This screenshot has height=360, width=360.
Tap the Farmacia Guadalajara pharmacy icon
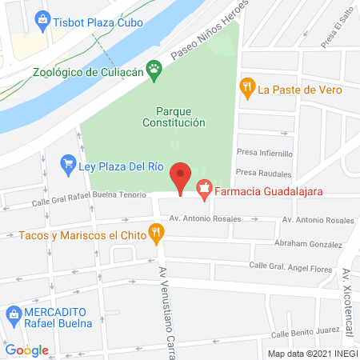click(204, 190)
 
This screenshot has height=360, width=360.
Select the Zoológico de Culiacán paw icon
click(156, 72)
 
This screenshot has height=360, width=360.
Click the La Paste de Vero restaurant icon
click(247, 89)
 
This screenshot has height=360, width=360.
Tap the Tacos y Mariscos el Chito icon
click(157, 234)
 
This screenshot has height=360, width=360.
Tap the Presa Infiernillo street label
click(265, 152)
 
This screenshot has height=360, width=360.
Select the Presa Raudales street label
click(263, 172)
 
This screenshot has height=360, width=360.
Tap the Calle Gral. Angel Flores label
click(290, 266)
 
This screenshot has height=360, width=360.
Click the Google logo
click(26, 350)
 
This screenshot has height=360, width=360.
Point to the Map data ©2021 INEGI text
click(312, 354)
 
